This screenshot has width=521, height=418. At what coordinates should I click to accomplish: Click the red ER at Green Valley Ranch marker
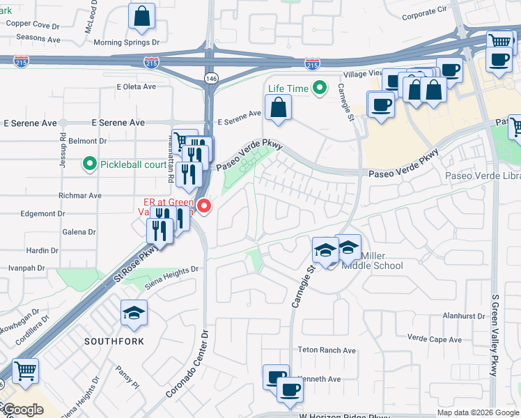(204, 206)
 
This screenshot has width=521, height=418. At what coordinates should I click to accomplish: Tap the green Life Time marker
(320, 88)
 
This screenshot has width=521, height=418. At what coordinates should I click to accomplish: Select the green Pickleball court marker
(90, 165)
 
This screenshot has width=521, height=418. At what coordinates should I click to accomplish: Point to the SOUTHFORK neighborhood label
(114, 341)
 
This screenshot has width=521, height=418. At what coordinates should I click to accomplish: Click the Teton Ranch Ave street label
(326, 350)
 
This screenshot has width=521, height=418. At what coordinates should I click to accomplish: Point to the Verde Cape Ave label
(435, 339)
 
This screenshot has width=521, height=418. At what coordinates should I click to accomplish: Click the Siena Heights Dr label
(171, 268)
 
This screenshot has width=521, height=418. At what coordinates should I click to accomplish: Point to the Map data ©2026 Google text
(477, 412)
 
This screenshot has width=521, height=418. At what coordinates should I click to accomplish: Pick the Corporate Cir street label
(424, 13)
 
